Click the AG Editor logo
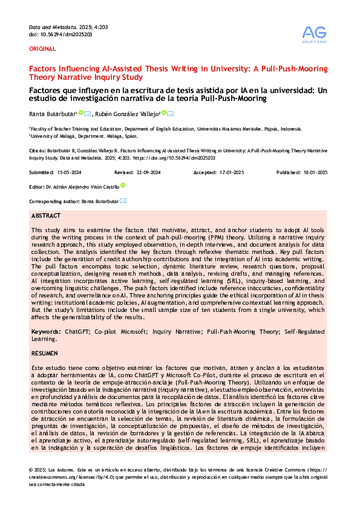[315, 35]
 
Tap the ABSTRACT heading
[45, 216]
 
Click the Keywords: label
[46, 332]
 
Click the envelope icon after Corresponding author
[123, 201]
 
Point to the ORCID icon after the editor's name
[123, 186]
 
